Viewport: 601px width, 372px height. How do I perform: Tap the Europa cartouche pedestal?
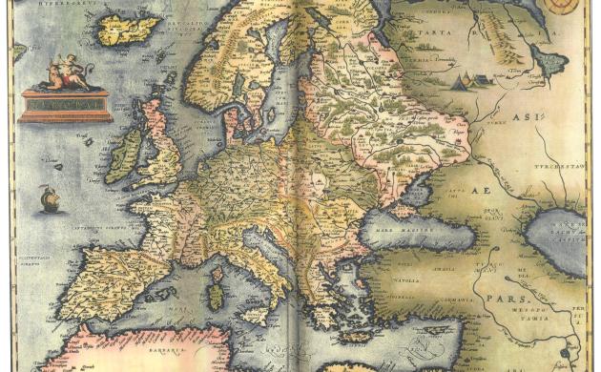[x=65, y=104]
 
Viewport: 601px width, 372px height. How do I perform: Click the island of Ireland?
[x=123, y=156]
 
